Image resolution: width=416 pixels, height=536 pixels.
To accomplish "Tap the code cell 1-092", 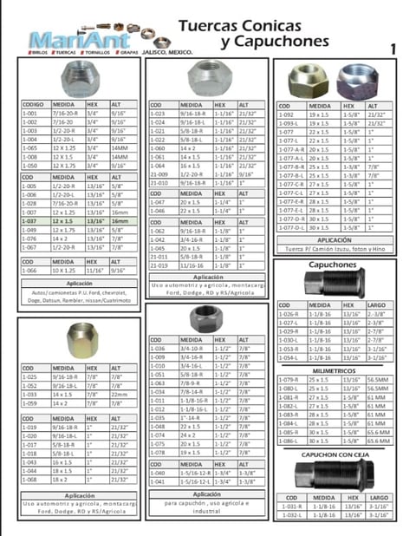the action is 288,114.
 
